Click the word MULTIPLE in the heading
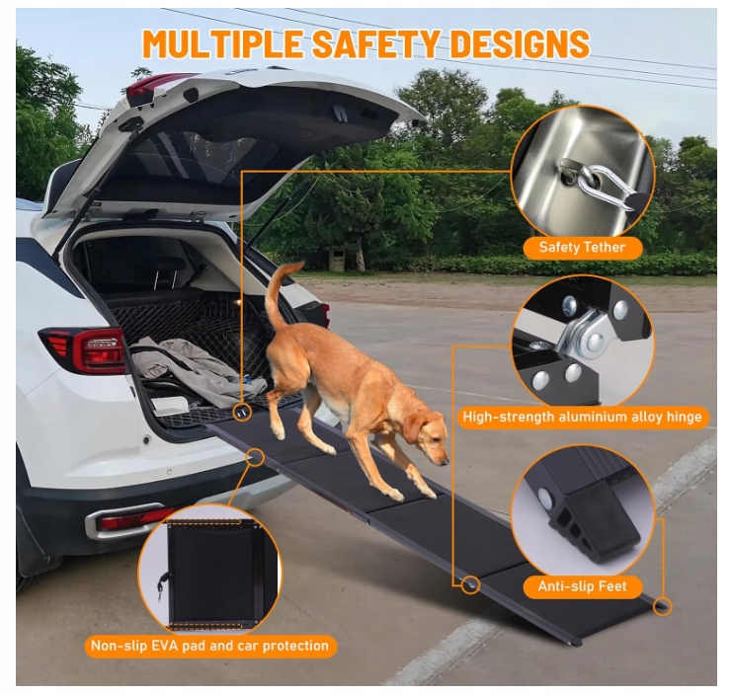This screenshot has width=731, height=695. click(223, 43)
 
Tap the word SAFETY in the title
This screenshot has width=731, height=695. click(375, 43)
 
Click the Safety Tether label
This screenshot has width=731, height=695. click(582, 248)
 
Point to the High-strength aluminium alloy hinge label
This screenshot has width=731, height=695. click(582, 417)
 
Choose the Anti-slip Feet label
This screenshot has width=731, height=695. click(582, 586)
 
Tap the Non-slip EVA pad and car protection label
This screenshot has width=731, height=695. click(209, 646)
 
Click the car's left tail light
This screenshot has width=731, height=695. click(84, 349)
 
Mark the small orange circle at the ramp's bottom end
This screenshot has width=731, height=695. click(662, 606)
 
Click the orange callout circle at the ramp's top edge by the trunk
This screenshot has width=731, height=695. click(242, 412)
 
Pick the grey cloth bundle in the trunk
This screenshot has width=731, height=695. click(196, 368)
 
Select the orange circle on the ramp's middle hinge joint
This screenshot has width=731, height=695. click(471, 584)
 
